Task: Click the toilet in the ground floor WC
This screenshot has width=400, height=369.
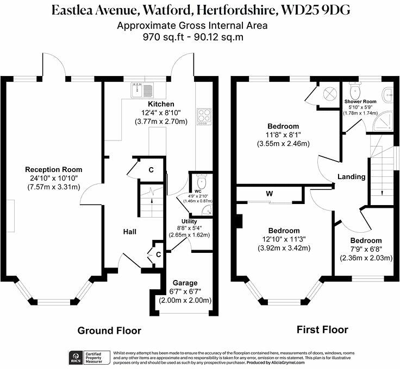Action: click(201, 181)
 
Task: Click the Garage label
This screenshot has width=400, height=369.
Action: click(185, 283)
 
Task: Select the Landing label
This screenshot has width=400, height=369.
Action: click(351, 177)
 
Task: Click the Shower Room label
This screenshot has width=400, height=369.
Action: click(360, 101)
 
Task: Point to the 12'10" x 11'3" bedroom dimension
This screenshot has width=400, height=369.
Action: click(283, 240)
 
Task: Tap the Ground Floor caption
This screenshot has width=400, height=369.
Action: click(109, 330)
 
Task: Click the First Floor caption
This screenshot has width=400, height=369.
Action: click(322, 329)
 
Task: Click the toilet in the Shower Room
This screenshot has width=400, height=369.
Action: click(355, 88)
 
